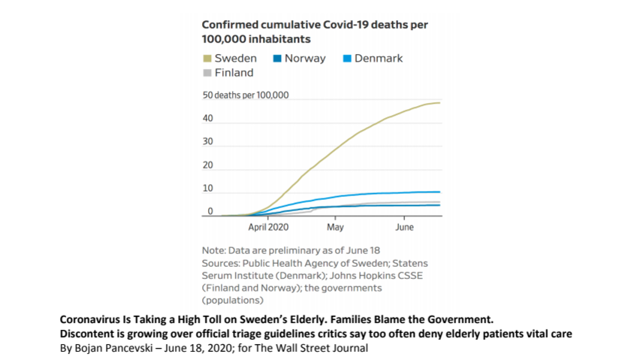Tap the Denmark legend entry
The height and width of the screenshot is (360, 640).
pos(375,58)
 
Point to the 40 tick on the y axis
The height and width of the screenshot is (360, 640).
pos(207,119)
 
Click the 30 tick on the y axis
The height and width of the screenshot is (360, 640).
pos(207,142)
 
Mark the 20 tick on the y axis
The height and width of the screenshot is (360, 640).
pos(207,165)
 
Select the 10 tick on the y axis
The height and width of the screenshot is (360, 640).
pos(207,188)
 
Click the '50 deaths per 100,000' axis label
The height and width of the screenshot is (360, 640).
pos(246,96)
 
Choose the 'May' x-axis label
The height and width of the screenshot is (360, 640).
pos(335,226)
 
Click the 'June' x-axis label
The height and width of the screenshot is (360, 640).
pos(404,226)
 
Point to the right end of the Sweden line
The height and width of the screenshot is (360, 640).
pos(439,102)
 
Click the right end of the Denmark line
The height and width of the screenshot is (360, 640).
pos(439,192)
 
